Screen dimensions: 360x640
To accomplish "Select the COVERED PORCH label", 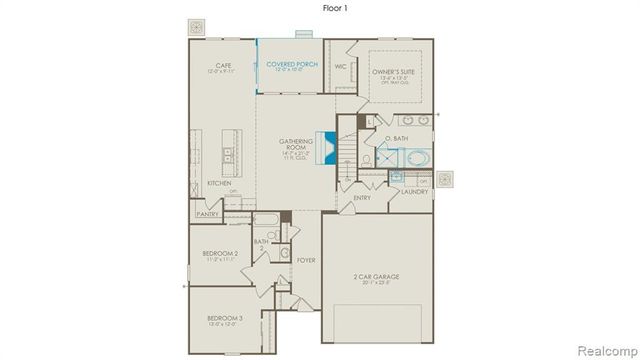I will pyautogui.click(x=289, y=66).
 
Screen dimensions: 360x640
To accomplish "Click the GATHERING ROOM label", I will pyautogui.click(x=297, y=146).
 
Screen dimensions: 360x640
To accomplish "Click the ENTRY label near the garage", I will pyautogui.click(x=363, y=198).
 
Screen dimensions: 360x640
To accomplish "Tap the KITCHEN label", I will pyautogui.click(x=219, y=183).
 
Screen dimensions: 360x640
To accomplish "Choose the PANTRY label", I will pyautogui.click(x=207, y=213).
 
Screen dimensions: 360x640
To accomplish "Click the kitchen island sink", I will pyautogui.click(x=229, y=155).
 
